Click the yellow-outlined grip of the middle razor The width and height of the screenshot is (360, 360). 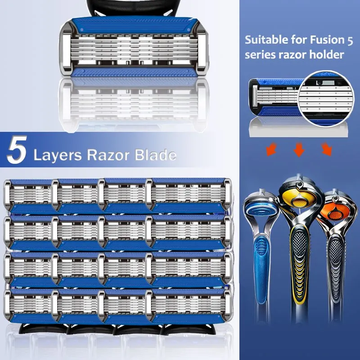pos(299,261)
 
